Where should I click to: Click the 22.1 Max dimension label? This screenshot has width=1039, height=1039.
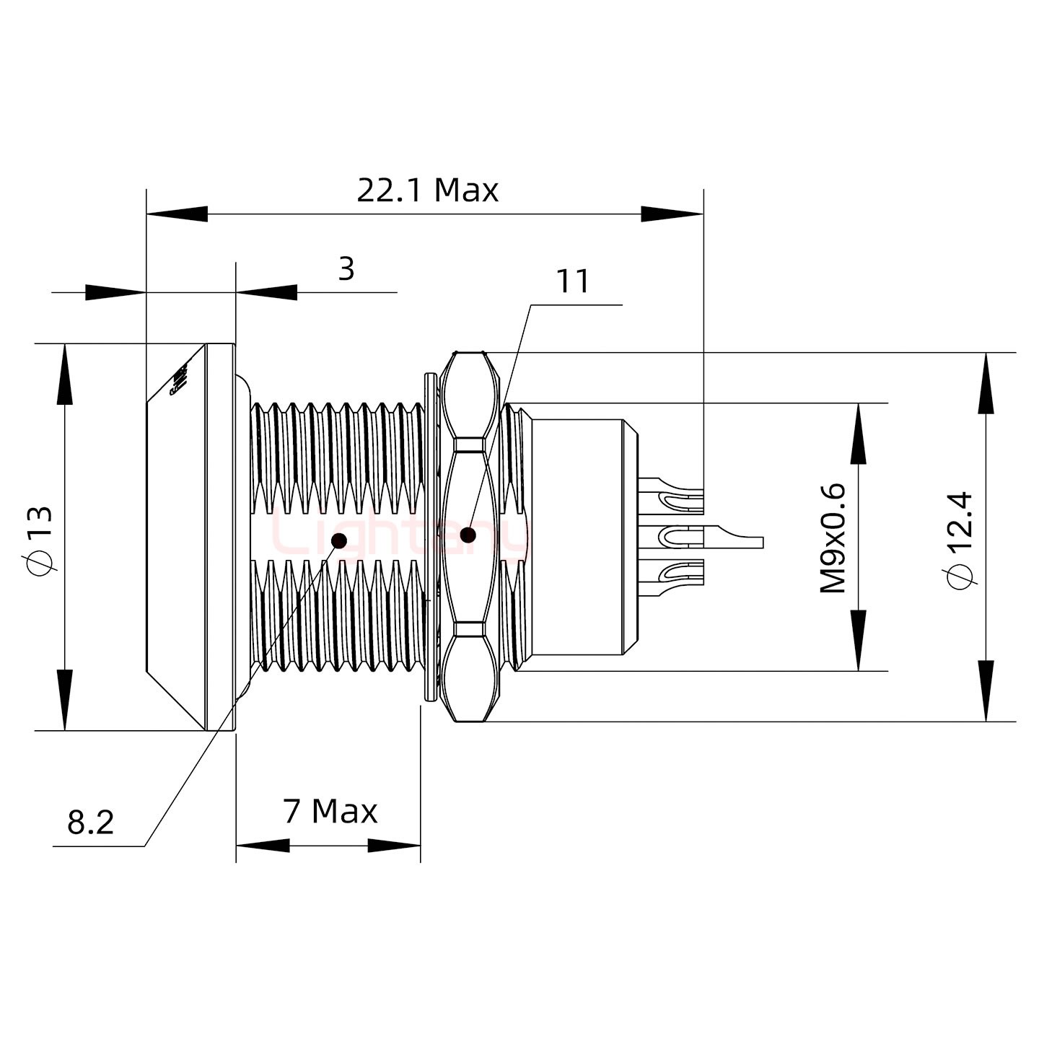427,190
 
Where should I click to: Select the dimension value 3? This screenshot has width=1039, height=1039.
346,269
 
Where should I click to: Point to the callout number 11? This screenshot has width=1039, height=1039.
573,281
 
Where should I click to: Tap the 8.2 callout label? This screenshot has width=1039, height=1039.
91,822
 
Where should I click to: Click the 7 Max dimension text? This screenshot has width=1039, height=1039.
330,812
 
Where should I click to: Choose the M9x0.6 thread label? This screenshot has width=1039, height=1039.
833,538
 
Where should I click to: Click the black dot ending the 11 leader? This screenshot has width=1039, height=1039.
468,535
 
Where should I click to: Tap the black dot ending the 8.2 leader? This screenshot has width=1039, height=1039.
338,540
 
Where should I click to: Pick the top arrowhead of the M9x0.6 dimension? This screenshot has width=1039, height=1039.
858,433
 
